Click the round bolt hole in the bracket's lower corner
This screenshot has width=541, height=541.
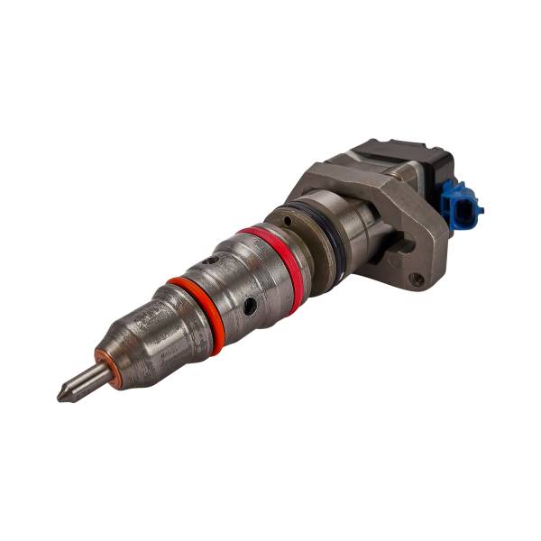pyautogui.click(x=417, y=280)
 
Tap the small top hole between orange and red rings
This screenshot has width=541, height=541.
pyautogui.click(x=209, y=261)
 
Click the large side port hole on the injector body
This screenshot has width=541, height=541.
pyautogui.click(x=250, y=306)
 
